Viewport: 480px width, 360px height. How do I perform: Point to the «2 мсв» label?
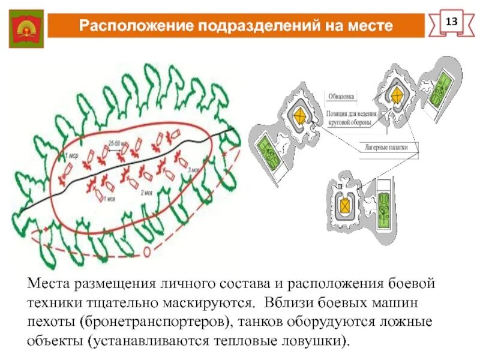point(148,193)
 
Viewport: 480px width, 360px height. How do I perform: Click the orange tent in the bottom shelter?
point(345,205)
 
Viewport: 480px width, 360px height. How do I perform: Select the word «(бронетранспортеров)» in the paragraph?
point(155,320)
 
